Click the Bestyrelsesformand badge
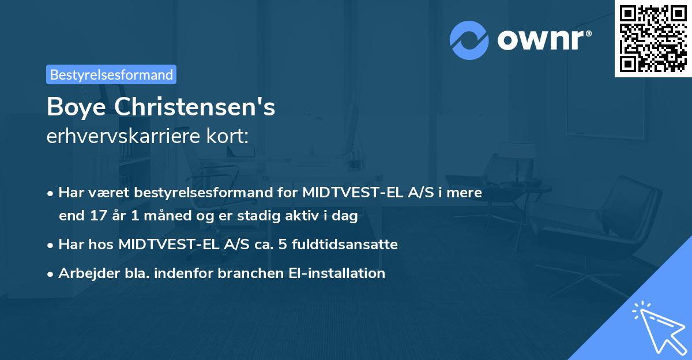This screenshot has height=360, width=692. coord(111,74)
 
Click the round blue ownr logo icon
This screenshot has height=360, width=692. coord(469,40)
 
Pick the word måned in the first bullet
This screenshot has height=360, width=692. coord(157,216)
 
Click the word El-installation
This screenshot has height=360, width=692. coord(335,273)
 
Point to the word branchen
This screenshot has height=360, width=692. coord(245,273)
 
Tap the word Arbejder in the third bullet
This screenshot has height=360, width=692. coord(82,273)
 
